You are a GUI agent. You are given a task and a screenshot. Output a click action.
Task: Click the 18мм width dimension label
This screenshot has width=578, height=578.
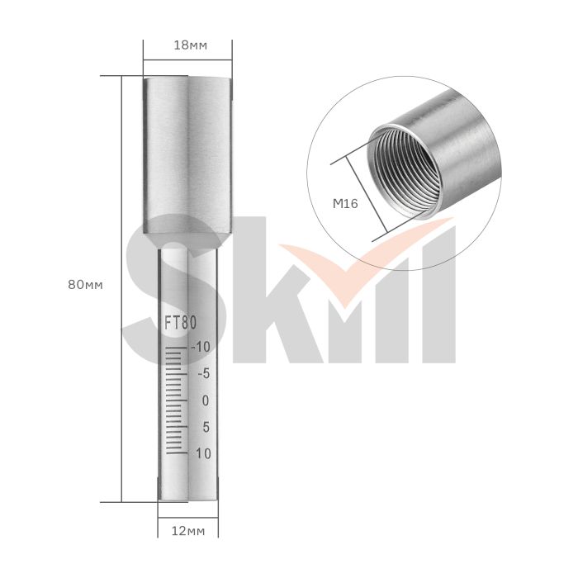[x=190, y=45]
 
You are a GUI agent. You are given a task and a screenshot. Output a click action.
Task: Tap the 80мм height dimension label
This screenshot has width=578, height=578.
[x=86, y=285]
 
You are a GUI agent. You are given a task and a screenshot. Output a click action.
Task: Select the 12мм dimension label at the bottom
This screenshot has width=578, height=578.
[x=188, y=531]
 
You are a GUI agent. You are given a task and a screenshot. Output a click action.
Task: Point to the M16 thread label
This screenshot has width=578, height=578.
[x=345, y=203]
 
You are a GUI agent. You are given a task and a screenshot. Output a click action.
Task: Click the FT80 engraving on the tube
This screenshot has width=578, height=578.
[x=181, y=323]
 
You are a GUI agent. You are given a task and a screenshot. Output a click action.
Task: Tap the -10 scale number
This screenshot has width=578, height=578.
[x=201, y=347]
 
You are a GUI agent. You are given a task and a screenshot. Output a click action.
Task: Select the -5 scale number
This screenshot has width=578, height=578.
[x=204, y=374]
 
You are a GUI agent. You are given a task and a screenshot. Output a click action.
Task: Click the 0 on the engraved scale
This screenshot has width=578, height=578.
[x=206, y=400]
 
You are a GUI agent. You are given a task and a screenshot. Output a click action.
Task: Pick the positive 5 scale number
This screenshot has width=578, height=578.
[x=206, y=427]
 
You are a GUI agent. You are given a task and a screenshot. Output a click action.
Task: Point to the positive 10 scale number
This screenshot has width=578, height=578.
[x=203, y=453]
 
